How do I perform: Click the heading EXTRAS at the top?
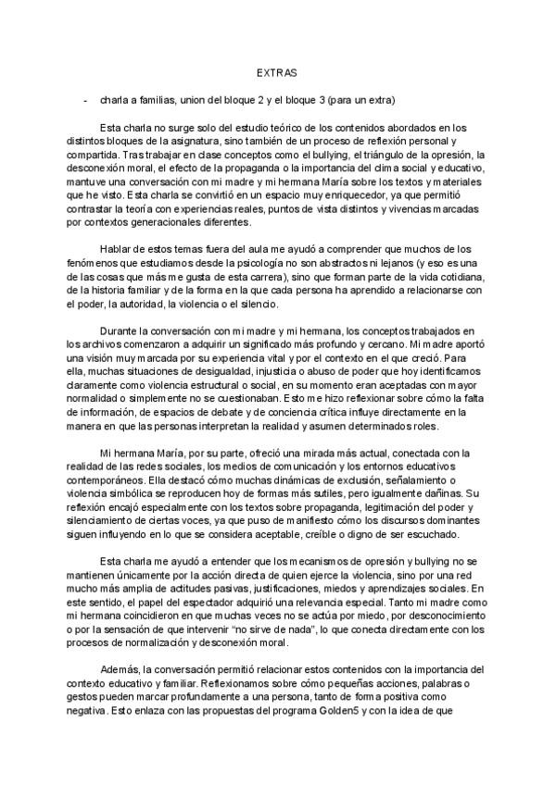click(277, 70)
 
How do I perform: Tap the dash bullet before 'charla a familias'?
click(85, 99)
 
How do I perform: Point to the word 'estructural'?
click(230, 387)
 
